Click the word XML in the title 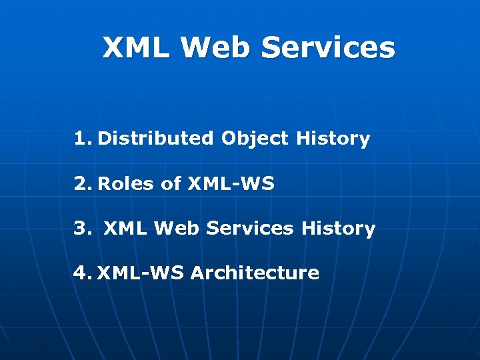tap(135, 48)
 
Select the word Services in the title tap(328, 48)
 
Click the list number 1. tap(82, 139)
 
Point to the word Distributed tap(156, 139)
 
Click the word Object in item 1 tap(255, 139)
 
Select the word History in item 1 tap(333, 139)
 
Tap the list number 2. tap(83, 183)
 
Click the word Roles tap(127, 183)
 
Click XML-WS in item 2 tap(231, 183)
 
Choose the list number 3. tap(83, 229)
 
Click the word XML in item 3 tap(126, 229)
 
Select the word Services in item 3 tap(249, 229)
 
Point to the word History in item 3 tap(338, 229)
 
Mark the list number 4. tap(83, 273)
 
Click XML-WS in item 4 tap(141, 273)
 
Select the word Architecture tap(255, 273)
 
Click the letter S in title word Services tap(273, 48)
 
